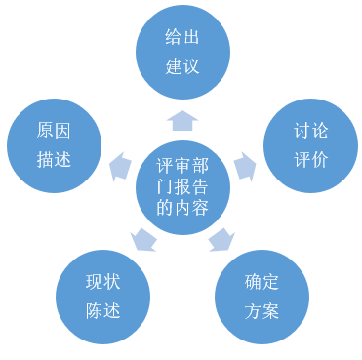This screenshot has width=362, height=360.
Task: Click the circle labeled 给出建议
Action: [182, 51]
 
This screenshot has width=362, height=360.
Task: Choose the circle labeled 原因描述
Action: [54, 145]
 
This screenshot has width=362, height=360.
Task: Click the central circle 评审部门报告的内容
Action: [182, 185]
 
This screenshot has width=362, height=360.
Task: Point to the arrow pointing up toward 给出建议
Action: [182, 119]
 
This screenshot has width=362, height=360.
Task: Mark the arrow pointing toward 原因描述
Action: [120, 165]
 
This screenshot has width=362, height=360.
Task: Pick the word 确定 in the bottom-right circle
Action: [261, 282]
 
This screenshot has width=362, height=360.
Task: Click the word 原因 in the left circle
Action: [54, 131]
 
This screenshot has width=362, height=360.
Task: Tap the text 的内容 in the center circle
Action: [182, 208]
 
